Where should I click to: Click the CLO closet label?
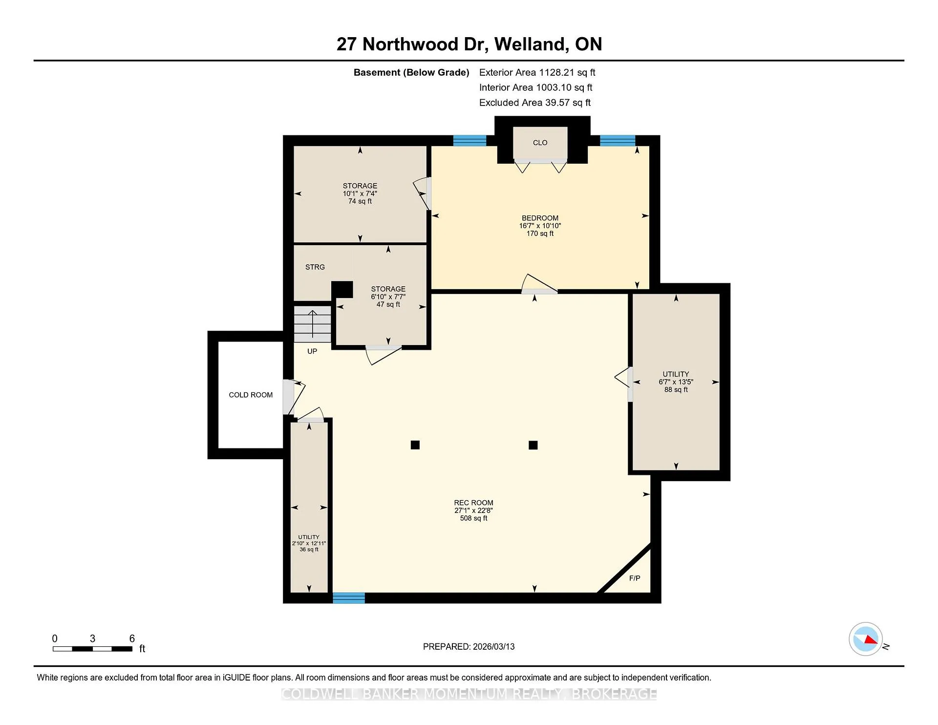click(x=540, y=143)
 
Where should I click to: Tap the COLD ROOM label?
click(x=251, y=395)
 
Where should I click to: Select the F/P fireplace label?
click(x=635, y=578)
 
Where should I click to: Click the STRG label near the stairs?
click(x=315, y=267)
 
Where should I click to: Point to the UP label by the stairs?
click(x=312, y=351)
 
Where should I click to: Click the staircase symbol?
click(x=312, y=324)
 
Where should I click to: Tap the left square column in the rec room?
click(x=415, y=445)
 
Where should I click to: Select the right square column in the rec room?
click(x=533, y=445)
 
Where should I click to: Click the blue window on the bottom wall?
click(x=349, y=597)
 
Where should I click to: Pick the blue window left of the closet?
click(x=469, y=141)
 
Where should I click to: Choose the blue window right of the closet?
click(x=618, y=141)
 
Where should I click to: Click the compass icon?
click(x=866, y=639)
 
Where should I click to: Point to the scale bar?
click(x=92, y=649)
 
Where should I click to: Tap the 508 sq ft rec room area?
click(x=473, y=518)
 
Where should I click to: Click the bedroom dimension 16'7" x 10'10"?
click(x=540, y=226)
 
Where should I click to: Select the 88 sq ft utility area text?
click(x=676, y=389)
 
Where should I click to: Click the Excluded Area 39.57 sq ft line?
click(x=535, y=103)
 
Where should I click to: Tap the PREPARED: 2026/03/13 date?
click(x=469, y=646)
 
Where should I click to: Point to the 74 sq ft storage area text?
click(x=360, y=201)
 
